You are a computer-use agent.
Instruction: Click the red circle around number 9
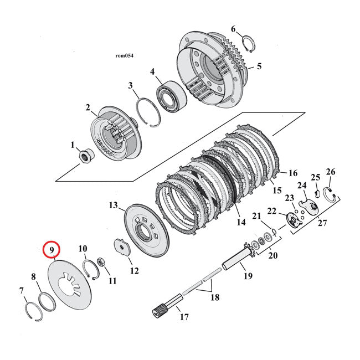pos(51,250)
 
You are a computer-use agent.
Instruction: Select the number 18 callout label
pos(214,297)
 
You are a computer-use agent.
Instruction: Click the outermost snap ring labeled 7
pos(33,312)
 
